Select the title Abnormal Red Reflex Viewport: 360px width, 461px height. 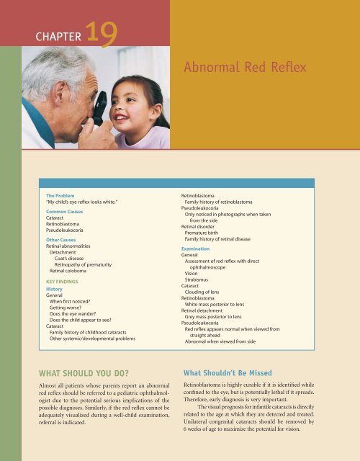click(x=246, y=69)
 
